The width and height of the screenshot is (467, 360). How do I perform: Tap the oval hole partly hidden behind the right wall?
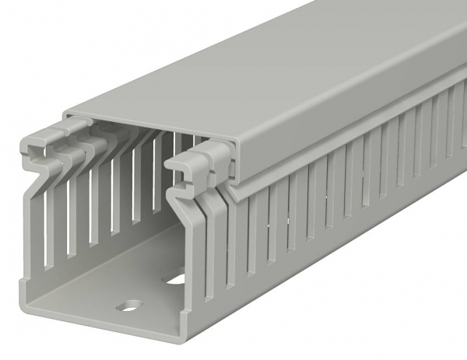(x=177, y=275)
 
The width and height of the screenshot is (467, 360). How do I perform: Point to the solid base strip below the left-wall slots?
(x=62, y=264)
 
